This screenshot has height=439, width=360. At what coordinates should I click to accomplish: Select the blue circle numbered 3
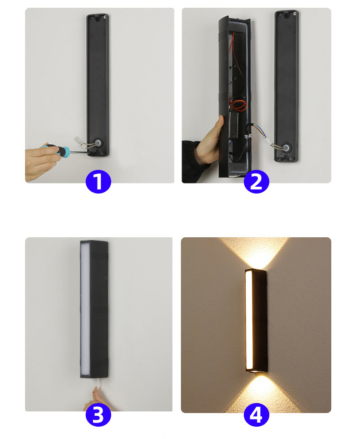click(98, 415)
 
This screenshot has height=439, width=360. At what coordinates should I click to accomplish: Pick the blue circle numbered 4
click(257, 415)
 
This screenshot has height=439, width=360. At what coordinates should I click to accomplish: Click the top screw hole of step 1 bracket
click(105, 17)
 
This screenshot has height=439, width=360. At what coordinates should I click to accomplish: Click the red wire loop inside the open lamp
click(238, 106)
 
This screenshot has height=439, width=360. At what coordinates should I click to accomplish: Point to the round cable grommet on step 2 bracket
click(286, 147)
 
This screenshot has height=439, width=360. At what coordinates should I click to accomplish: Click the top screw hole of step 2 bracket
click(294, 14)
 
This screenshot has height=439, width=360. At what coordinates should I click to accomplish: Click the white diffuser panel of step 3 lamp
click(85, 309)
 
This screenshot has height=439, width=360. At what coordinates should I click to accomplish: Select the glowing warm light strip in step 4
click(249, 320)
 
